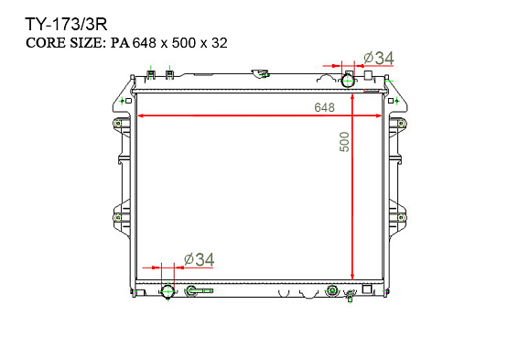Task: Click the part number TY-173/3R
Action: click(x=66, y=25)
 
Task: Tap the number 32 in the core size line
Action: click(x=220, y=43)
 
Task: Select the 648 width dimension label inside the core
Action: click(x=324, y=107)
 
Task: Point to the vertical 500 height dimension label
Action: click(x=345, y=142)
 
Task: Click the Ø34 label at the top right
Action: click(x=378, y=59)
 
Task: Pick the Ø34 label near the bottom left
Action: click(x=199, y=260)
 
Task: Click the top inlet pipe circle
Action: click(x=348, y=81)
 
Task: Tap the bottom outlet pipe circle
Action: click(x=168, y=291)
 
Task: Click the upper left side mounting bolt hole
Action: click(x=118, y=124)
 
